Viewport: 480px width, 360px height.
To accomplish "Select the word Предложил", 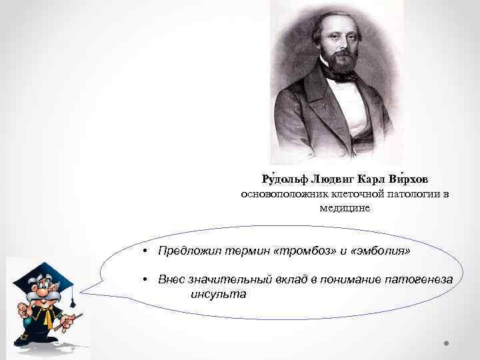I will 184,251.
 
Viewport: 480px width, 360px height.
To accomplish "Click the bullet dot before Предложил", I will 145,251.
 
